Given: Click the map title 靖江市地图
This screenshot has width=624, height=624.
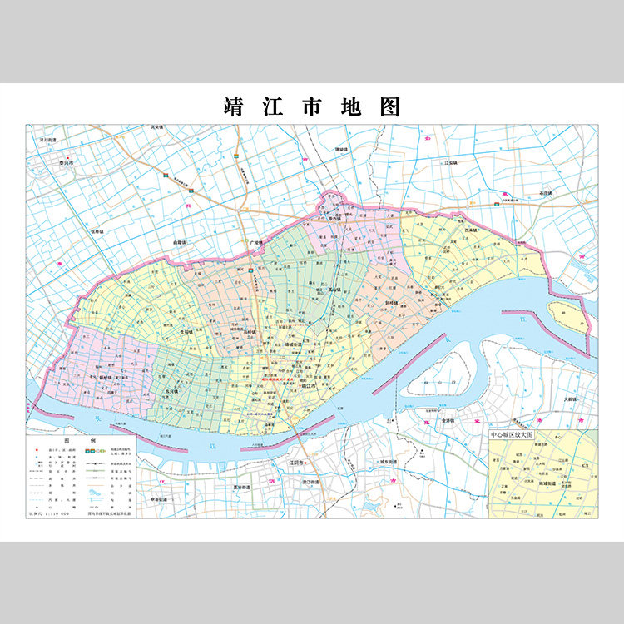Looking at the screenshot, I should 312,107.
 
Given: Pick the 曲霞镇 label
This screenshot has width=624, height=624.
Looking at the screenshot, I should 181,242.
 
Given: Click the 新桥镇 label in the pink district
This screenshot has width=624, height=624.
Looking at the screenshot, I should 105,377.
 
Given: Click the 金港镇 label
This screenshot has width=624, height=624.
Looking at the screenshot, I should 449,421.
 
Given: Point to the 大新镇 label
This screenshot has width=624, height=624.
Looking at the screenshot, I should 569,400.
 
